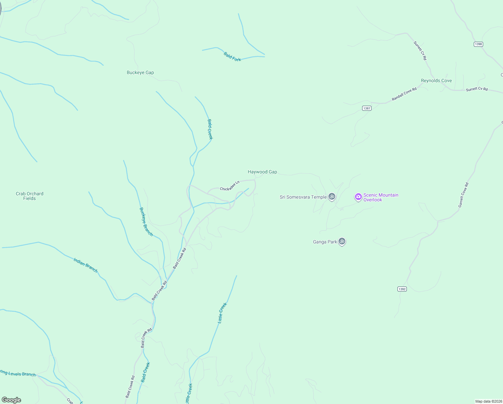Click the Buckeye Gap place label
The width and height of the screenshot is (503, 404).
point(140,72)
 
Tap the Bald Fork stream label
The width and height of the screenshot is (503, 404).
point(232,57)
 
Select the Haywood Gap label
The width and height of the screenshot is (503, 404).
point(262,172)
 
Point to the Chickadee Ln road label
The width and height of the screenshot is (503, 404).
point(230,186)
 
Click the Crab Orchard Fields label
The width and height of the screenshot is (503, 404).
point(30,196)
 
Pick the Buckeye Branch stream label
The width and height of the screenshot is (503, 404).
point(146,222)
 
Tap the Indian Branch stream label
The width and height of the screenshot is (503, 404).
point(85,265)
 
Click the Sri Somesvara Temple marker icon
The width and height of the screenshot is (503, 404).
point(332,197)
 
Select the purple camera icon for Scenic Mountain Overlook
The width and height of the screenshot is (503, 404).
point(358,197)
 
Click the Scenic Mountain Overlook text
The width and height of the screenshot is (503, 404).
point(381,197)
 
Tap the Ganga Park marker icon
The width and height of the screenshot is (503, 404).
point(342,241)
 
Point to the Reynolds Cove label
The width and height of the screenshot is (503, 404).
point(436,80)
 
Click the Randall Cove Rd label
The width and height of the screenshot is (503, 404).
point(404,94)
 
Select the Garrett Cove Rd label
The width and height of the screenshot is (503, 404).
point(463,195)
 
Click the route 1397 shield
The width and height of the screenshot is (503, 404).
point(367,108)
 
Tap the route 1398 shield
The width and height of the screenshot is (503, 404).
point(478,44)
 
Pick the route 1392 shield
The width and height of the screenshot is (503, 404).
point(402,289)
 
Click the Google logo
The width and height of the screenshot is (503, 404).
point(11,400)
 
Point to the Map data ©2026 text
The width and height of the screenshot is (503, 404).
point(489,401)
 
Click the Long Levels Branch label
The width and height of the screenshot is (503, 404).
point(18,374)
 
